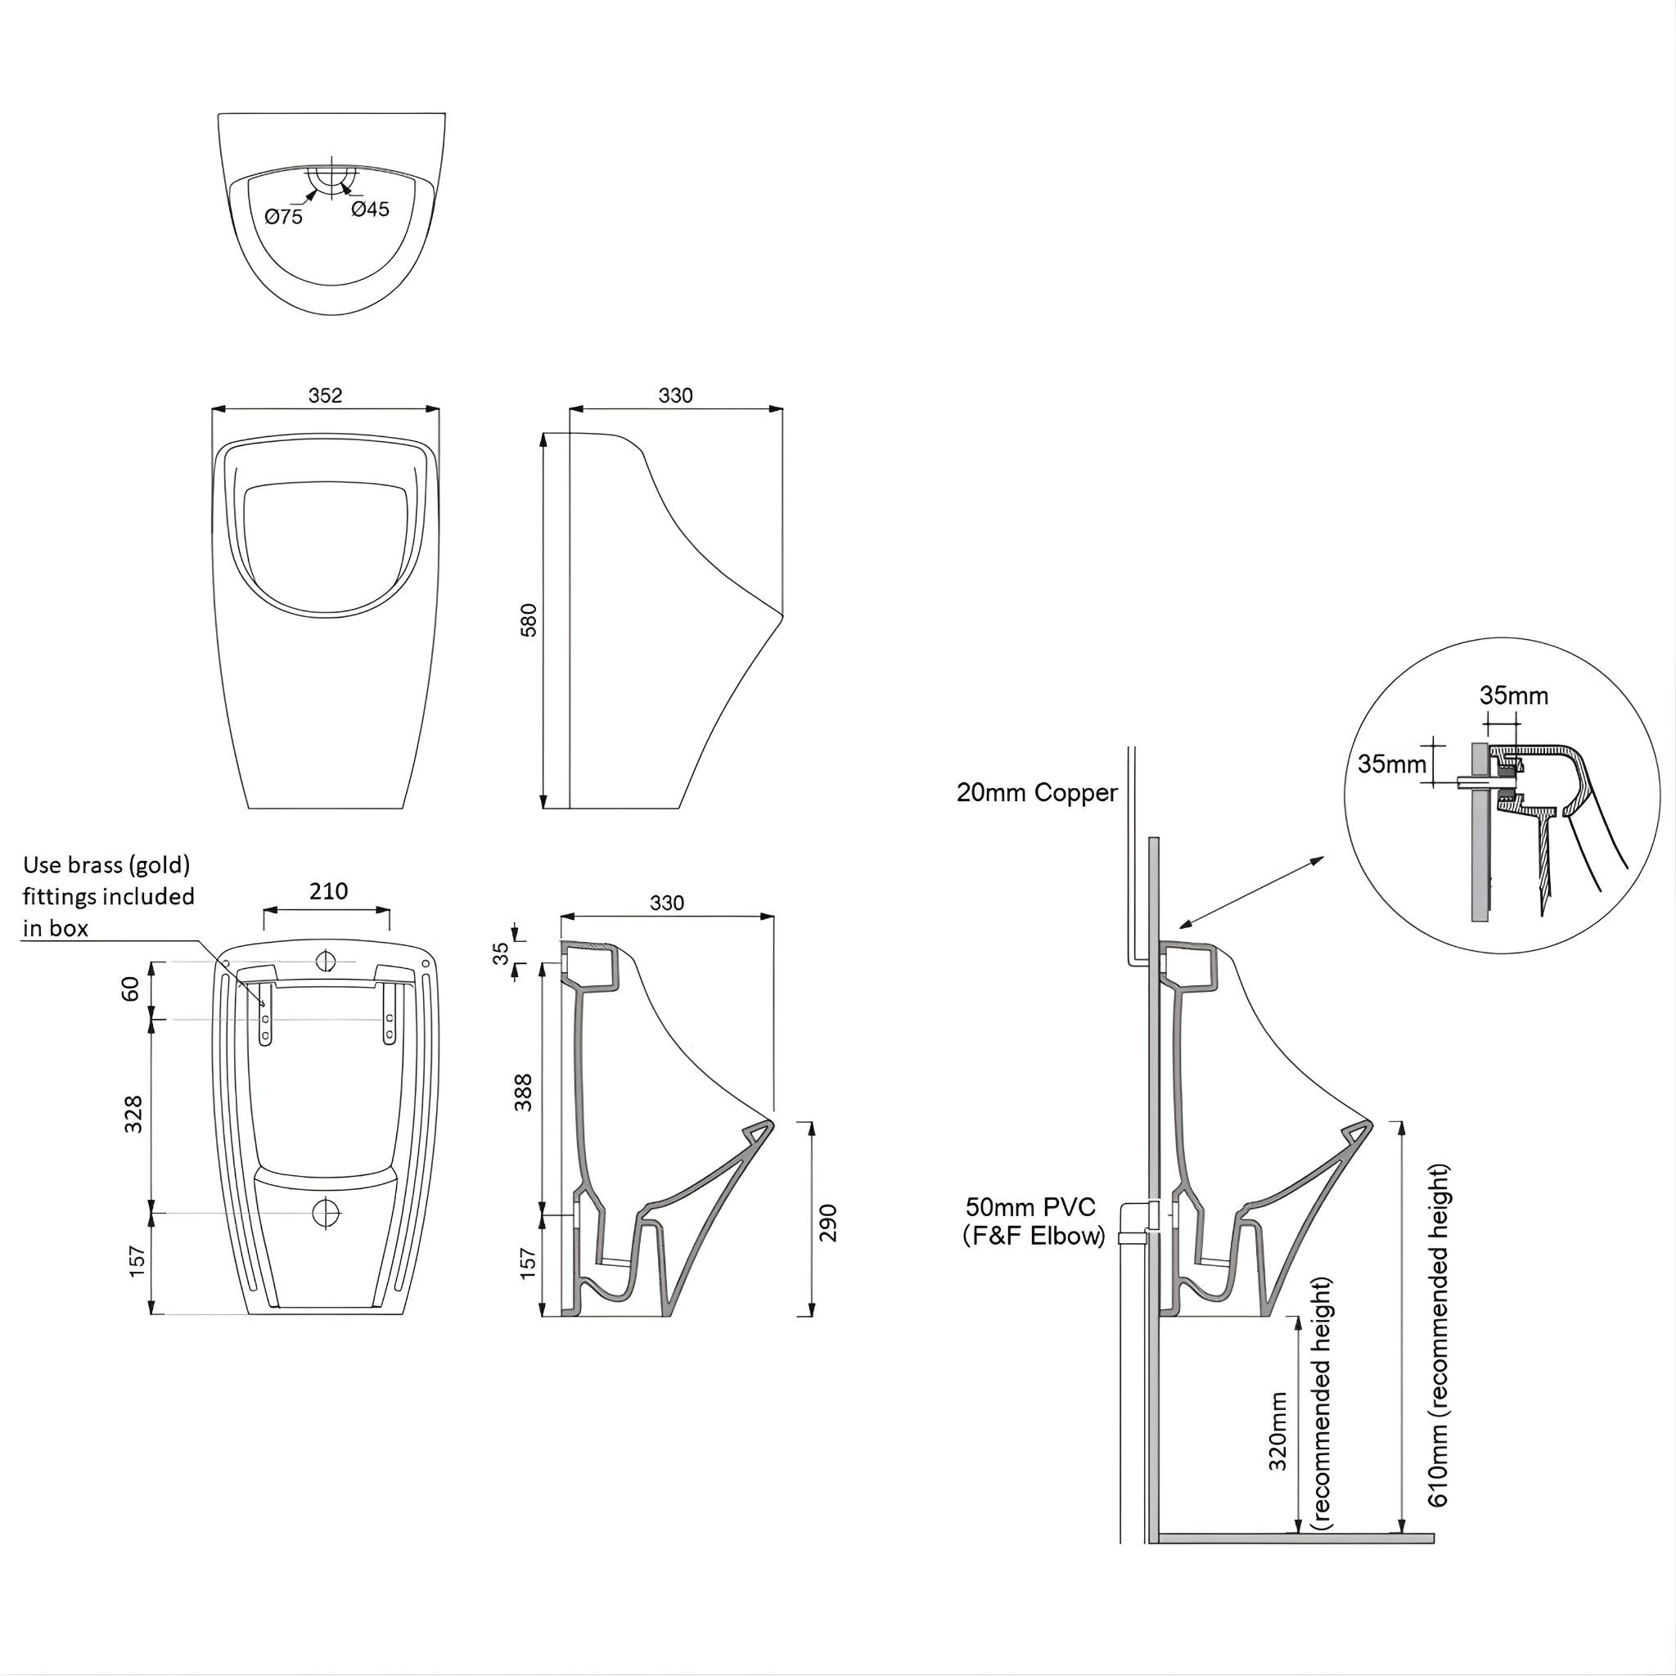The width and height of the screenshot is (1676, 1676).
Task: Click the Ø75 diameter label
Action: coord(285,217)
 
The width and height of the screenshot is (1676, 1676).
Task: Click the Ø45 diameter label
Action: coord(371,209)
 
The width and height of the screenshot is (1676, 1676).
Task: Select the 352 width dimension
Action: coord(326,395)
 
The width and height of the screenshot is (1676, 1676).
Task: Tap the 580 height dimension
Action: coord(529,619)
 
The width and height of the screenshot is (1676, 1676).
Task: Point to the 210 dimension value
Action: coord(329,891)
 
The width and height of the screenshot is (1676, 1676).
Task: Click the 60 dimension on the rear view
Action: coord(130,988)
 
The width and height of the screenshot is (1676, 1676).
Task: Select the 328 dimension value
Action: coord(133,1114)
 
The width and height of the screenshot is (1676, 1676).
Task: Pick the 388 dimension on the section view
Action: coord(525,1093)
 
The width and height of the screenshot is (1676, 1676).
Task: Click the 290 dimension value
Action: coord(828,1223)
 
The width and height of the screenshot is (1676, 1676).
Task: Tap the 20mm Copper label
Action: coord(1037,793)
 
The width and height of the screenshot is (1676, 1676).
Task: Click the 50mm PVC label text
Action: coord(1031,1207)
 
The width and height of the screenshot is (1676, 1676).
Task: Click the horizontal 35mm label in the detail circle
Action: coord(1513,696)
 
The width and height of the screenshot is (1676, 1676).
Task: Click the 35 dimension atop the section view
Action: coord(502,954)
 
